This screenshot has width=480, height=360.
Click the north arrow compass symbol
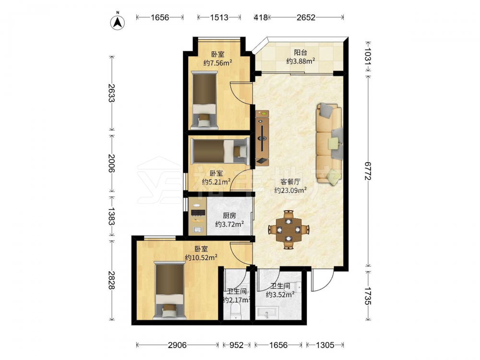[117, 22]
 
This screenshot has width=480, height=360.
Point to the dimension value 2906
[177, 345]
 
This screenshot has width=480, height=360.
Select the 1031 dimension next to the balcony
[368, 56]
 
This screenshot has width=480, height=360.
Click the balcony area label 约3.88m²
[300, 61]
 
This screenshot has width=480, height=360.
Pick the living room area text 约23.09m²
[290, 191]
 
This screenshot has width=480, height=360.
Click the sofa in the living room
[329, 144]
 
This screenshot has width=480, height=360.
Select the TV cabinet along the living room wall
[263, 137]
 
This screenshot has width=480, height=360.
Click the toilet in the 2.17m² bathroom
[235, 311]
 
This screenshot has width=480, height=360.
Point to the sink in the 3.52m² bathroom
[267, 313]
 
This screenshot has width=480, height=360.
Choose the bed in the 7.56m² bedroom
[204, 100]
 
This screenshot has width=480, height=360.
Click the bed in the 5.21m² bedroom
[220, 151]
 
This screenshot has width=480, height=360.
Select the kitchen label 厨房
[229, 216]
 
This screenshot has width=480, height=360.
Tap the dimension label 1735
[368, 296]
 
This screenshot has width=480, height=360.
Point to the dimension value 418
[261, 17]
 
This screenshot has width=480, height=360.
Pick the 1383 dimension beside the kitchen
[111, 216]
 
